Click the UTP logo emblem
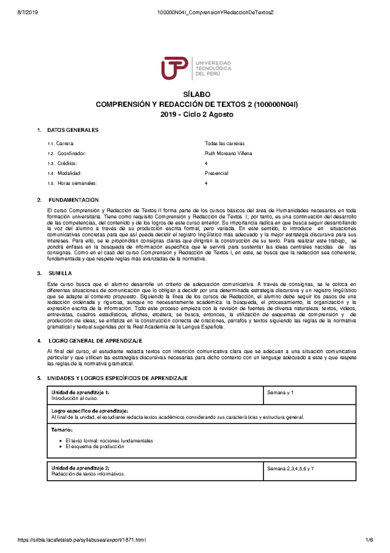click(x=175, y=68)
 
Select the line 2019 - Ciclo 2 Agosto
click(x=197, y=115)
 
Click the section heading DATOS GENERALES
click(x=73, y=130)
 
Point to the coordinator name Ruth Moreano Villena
click(x=228, y=153)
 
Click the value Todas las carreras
click(x=225, y=143)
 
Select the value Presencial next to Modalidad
click(x=216, y=173)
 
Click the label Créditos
click(x=67, y=163)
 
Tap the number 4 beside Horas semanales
click(x=206, y=183)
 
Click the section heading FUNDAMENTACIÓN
click(x=73, y=200)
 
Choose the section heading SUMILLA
click(x=60, y=273)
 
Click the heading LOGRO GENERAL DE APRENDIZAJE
click(x=95, y=341)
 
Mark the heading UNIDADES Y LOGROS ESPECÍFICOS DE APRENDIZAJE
click(x=117, y=378)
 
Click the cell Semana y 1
click(x=280, y=393)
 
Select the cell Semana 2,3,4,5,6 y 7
click(x=290, y=469)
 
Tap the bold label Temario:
click(x=62, y=430)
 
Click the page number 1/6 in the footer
click(x=369, y=540)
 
